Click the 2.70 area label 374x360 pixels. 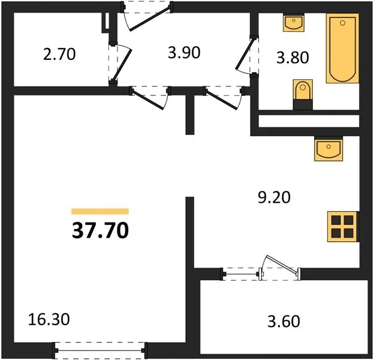[59, 54]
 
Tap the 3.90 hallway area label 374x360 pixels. [184, 53]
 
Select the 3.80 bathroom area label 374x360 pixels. [292, 58]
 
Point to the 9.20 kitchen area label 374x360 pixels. [275, 197]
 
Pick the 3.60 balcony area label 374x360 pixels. [283, 322]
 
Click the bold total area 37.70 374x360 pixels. [100, 230]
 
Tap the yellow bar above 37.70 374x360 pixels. [100, 211]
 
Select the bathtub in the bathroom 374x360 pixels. [342, 49]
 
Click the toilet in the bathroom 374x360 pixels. [303, 90]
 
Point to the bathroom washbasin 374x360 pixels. [294, 23]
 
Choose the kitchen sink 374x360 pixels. [328, 149]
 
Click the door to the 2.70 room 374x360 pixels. [122, 65]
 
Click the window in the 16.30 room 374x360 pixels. [99, 350]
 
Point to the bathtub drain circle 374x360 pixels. [343, 23]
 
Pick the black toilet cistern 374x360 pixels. [303, 105]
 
